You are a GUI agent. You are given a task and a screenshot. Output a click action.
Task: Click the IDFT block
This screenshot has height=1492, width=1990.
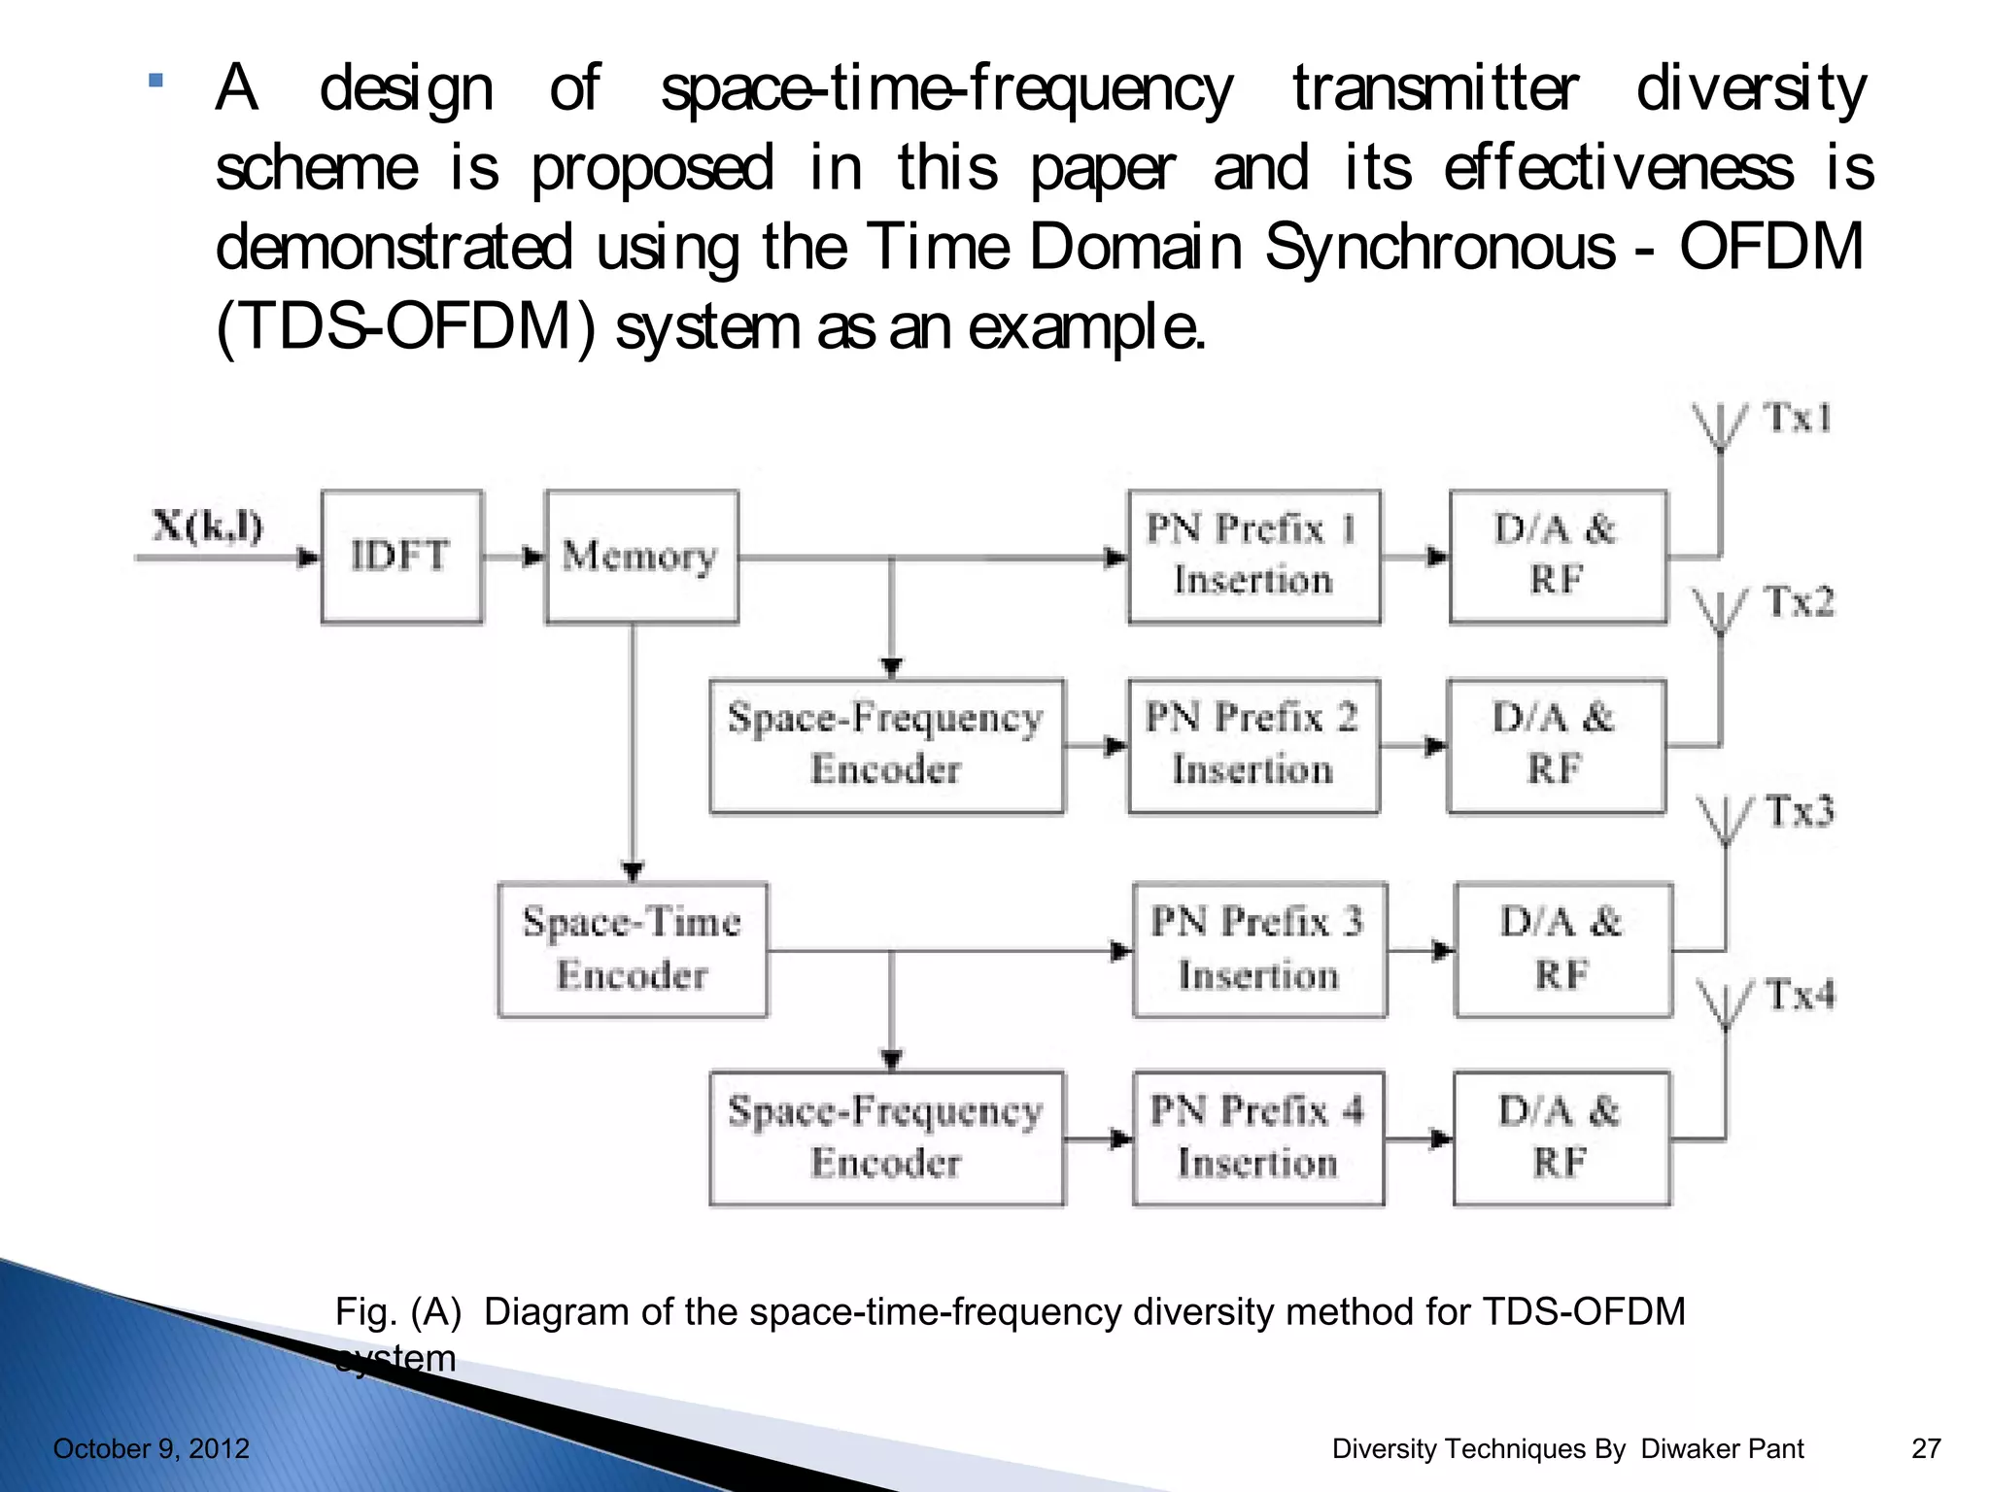(401, 557)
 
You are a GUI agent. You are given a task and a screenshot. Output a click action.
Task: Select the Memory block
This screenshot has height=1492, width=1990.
(641, 557)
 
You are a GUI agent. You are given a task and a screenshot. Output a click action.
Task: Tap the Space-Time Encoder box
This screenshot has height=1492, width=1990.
(633, 949)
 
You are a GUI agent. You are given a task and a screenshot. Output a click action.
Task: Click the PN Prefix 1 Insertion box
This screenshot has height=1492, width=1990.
(1253, 557)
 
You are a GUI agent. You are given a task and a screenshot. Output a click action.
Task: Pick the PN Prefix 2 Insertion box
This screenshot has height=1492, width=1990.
(1252, 746)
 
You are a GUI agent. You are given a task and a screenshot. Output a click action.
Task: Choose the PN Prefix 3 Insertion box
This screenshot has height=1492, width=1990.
(1259, 949)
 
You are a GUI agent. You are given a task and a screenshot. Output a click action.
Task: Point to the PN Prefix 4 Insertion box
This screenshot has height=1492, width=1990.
(1258, 1137)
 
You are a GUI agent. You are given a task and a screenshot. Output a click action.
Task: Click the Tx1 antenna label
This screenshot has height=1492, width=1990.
(1799, 419)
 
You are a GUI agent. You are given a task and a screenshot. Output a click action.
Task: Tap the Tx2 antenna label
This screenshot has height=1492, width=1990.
(1800, 602)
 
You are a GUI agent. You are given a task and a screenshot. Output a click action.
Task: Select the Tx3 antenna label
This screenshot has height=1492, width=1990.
(1801, 811)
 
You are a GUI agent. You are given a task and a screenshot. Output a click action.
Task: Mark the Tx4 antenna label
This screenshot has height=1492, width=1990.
(1801, 995)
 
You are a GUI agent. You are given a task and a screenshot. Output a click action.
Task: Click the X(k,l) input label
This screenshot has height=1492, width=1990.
(208, 526)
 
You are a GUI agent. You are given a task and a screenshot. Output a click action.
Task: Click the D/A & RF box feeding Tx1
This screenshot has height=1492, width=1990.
(1558, 557)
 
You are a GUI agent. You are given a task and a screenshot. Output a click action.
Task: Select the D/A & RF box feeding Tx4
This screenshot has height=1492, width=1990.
(1561, 1137)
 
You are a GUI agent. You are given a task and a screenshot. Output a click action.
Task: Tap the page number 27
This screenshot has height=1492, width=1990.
(1926, 1448)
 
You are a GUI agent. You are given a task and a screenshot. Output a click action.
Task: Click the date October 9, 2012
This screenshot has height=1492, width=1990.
(152, 1448)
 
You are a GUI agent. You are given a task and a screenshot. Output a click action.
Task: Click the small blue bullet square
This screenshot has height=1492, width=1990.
(155, 81)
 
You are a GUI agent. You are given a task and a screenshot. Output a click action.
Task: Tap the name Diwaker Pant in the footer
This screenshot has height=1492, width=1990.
(1722, 1448)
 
